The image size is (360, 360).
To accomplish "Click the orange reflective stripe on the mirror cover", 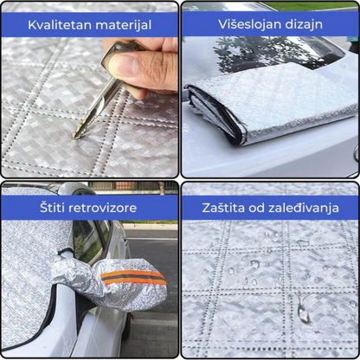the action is click(x=133, y=278).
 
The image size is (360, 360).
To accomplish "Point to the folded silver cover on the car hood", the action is click(x=271, y=104).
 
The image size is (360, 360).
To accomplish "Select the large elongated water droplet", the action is click(x=303, y=309).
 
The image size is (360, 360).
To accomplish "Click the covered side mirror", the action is click(x=115, y=281).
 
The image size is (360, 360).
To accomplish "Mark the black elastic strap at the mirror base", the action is click(x=65, y=252).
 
